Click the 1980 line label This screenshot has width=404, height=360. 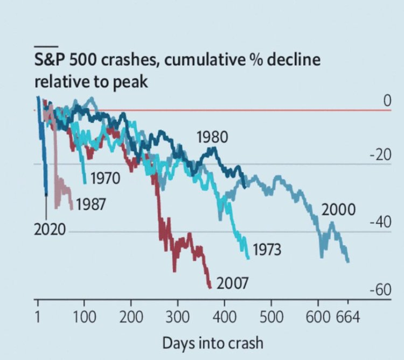212,137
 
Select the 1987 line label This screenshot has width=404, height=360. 91,204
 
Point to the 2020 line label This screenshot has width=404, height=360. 50,230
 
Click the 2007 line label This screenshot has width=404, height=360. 232,282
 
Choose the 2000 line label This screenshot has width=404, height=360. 338,210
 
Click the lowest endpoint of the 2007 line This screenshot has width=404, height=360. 210,287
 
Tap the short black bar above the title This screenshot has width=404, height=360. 46,45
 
